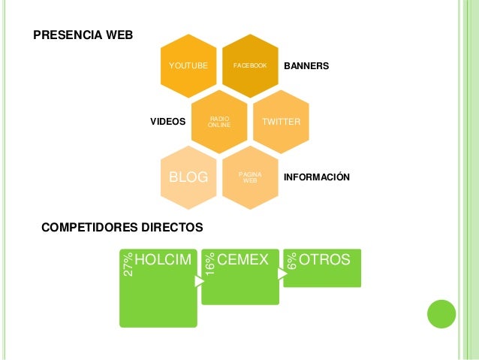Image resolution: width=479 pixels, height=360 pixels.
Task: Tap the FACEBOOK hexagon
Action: pos(250,66)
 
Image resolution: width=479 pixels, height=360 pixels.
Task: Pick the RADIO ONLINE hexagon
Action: pos(219,121)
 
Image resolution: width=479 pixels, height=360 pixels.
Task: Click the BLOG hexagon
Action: pos(188,177)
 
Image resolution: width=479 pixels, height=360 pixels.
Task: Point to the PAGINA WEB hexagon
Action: pos(250,177)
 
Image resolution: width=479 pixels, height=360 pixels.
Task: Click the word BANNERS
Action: pos(306,67)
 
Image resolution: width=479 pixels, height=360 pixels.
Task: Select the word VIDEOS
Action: pos(167,120)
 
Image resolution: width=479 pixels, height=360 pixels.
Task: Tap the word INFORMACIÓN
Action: pos(317,177)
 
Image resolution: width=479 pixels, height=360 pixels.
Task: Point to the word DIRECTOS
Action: pos(172,225)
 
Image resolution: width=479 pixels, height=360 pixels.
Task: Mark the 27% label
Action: pos(128,265)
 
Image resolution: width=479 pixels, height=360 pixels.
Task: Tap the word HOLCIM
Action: pos(164,260)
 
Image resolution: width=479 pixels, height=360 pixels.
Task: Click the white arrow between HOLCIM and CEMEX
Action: pos(198,282)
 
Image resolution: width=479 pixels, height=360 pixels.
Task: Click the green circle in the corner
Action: pos(441,315)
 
